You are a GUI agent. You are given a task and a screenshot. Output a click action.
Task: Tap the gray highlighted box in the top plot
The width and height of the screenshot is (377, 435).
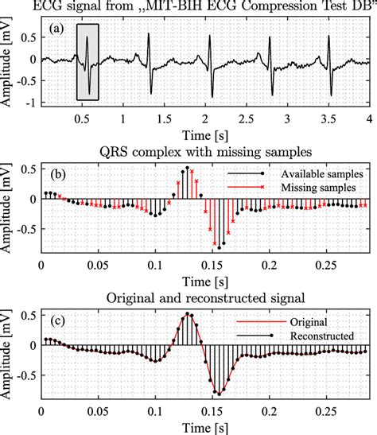pos(87,62)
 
